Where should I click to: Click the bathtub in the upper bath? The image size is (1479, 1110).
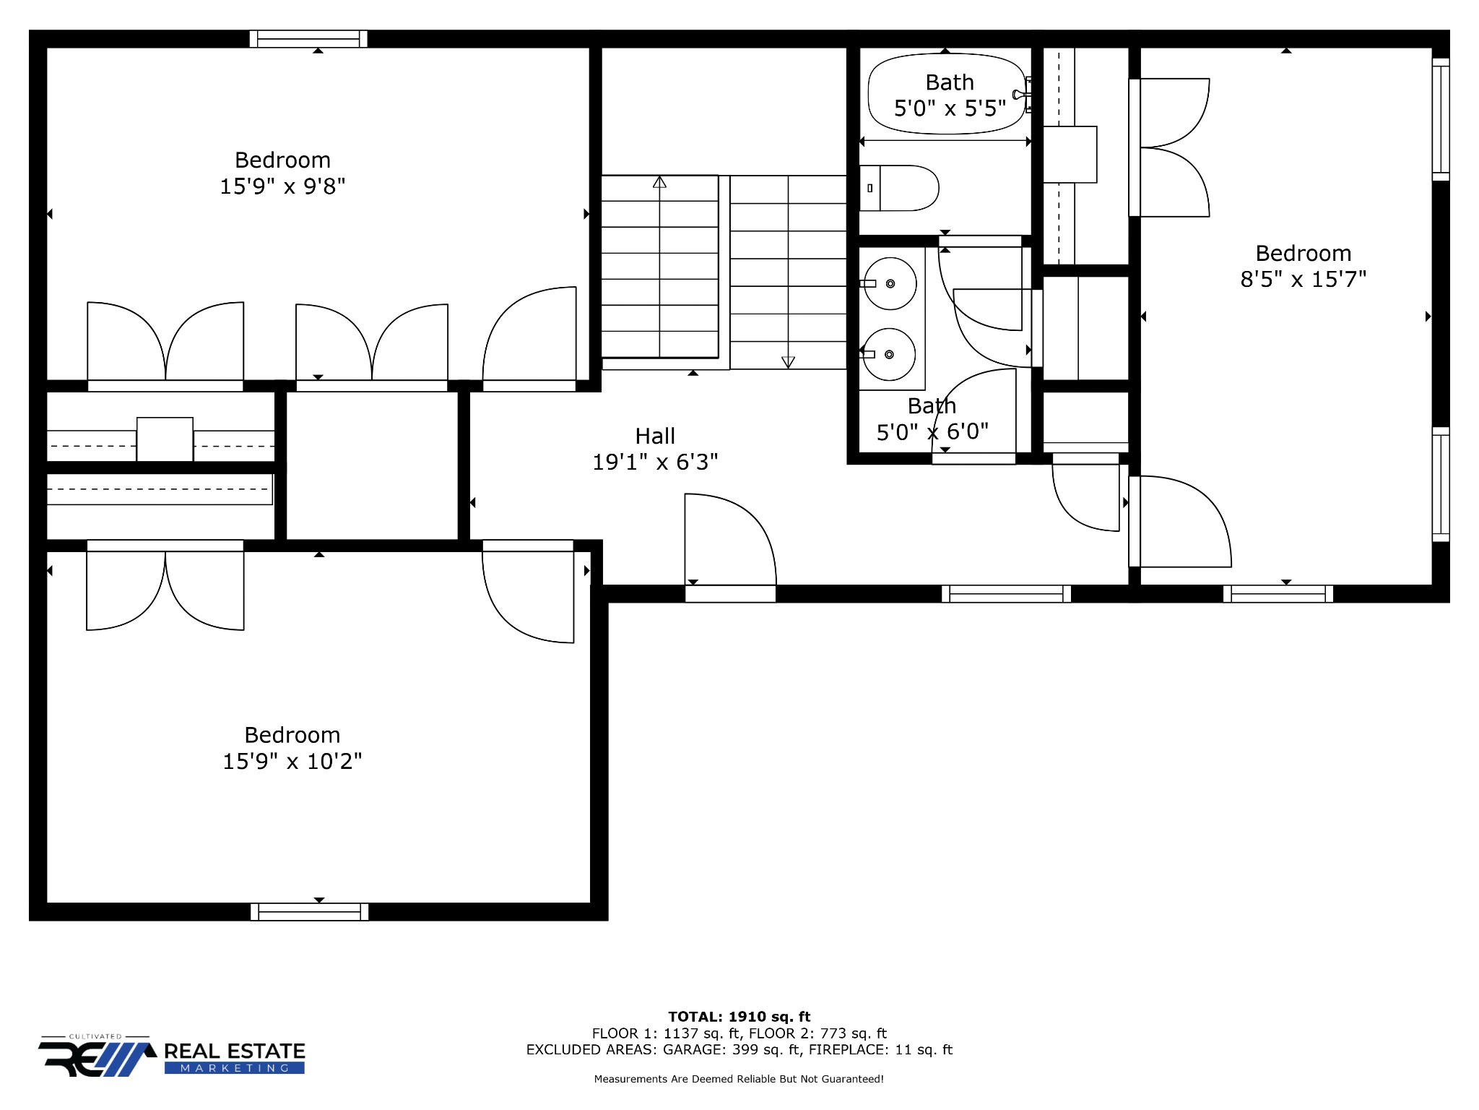(x=946, y=94)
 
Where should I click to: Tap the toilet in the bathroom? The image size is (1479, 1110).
(x=898, y=188)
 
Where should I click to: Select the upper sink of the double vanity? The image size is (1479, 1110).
(x=890, y=283)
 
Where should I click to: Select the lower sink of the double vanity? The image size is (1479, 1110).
(x=890, y=354)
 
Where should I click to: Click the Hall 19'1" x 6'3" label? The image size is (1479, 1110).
(x=655, y=449)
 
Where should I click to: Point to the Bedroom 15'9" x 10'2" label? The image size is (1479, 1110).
(x=292, y=748)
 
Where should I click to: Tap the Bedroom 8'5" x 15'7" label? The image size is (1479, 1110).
(x=1304, y=266)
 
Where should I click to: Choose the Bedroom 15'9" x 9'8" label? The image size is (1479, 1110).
(x=282, y=173)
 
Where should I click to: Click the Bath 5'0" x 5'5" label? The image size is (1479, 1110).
(x=950, y=95)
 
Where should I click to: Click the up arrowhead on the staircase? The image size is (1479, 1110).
(x=659, y=182)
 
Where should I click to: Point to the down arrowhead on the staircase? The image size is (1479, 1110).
(x=788, y=362)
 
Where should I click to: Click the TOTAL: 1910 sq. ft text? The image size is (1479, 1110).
(x=739, y=1017)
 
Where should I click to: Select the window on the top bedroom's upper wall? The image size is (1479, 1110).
(x=308, y=39)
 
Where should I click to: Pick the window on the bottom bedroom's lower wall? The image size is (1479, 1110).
(x=309, y=912)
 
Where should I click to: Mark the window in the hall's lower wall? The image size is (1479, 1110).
(x=1006, y=594)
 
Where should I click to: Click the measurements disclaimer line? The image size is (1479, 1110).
(x=739, y=1079)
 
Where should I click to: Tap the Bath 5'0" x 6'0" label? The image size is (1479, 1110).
(x=932, y=419)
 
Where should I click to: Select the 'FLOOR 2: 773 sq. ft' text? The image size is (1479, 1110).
(x=817, y=1033)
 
